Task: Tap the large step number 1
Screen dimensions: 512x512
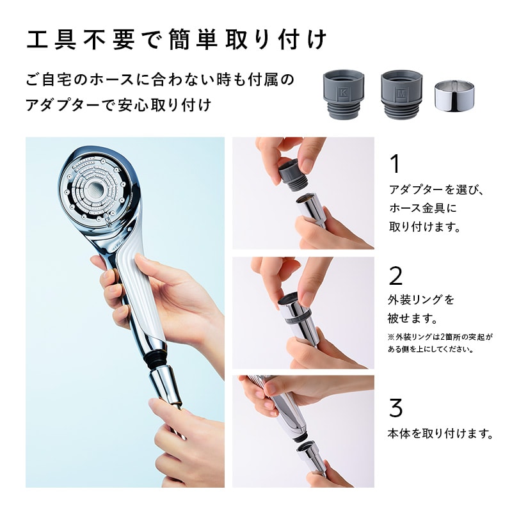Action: [x=394, y=164]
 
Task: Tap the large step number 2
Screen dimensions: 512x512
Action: [x=396, y=276]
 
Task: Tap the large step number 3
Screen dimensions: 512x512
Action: [x=396, y=408]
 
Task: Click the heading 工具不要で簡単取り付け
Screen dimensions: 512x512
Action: [x=177, y=40]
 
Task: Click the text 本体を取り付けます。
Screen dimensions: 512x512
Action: [x=441, y=433]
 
